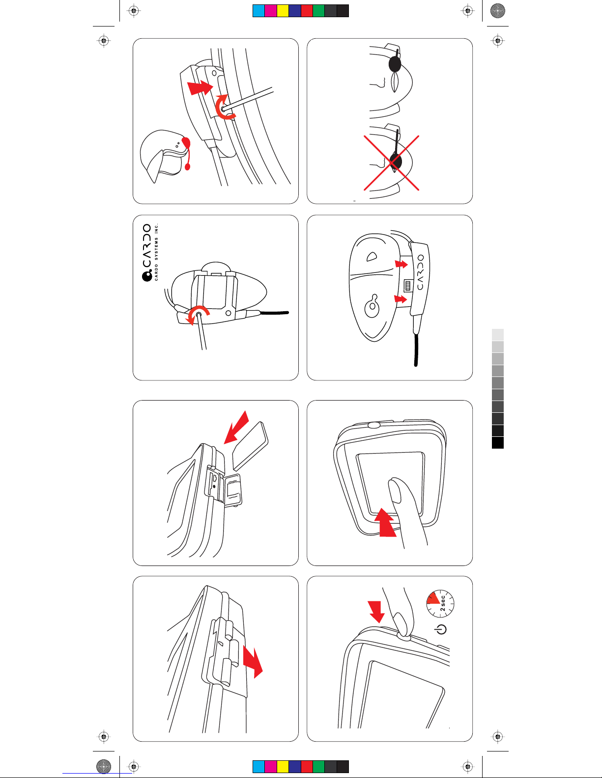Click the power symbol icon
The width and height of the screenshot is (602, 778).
pyautogui.click(x=441, y=629)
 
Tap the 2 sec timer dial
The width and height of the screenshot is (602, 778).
pyautogui.click(x=440, y=603)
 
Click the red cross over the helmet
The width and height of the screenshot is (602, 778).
pyautogui.click(x=392, y=162)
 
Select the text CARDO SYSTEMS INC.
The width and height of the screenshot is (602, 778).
pyautogui.click(x=157, y=252)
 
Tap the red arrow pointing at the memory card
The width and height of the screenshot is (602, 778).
pyautogui.click(x=236, y=427)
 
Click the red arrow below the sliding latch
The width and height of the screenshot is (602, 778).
pyautogui.click(x=253, y=661)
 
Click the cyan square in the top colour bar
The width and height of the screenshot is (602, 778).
pyautogui.click(x=258, y=11)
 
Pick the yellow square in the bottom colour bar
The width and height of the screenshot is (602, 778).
pyautogui.click(x=283, y=766)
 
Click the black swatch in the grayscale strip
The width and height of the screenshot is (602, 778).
pyautogui.click(x=498, y=443)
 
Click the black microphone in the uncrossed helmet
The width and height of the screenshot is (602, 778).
pyautogui.click(x=395, y=64)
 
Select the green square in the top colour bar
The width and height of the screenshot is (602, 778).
pyautogui.click(x=318, y=11)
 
